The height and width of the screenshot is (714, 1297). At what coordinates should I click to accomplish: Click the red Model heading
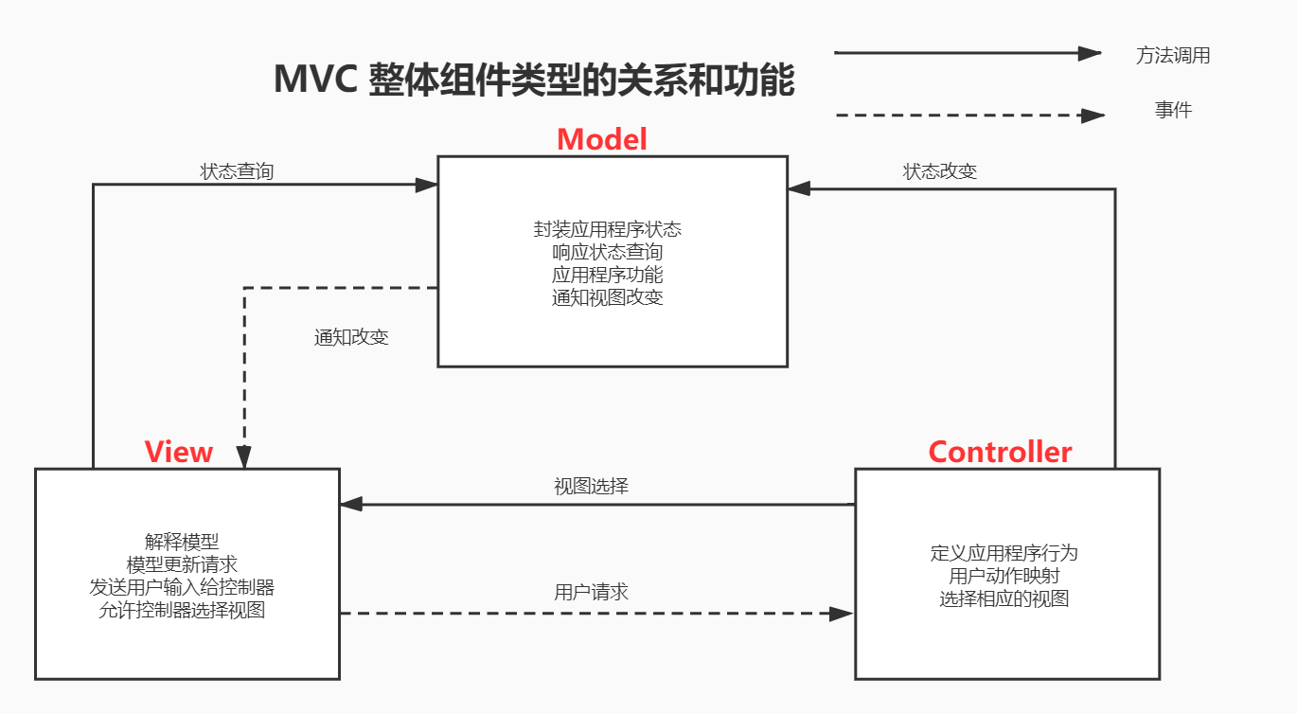click(602, 139)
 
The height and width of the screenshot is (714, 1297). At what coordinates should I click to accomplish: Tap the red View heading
click(179, 452)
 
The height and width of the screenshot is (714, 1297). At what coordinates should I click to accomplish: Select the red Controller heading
click(1000, 452)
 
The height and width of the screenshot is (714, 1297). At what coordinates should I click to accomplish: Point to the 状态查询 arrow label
click(237, 171)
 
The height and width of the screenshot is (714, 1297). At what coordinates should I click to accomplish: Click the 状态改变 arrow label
click(940, 171)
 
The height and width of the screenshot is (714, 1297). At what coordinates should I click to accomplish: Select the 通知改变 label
click(351, 337)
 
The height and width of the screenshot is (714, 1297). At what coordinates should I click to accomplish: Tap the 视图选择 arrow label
click(591, 487)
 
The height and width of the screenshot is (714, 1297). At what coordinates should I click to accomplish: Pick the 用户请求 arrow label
click(591, 593)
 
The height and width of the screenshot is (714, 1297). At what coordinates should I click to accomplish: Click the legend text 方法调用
click(1173, 55)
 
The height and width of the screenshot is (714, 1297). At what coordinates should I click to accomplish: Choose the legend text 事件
click(1173, 110)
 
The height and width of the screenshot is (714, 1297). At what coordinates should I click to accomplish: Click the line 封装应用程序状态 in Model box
click(608, 229)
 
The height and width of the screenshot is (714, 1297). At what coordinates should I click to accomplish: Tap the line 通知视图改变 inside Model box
click(608, 297)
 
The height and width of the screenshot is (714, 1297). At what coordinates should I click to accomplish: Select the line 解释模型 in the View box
click(182, 542)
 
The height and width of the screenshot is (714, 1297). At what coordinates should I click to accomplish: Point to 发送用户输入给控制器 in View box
click(182, 587)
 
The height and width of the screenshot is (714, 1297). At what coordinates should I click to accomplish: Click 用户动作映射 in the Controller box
click(1004, 576)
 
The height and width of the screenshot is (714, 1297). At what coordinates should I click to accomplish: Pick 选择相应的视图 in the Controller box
click(1004, 598)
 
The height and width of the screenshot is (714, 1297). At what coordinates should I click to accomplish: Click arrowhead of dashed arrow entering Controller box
click(842, 614)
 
